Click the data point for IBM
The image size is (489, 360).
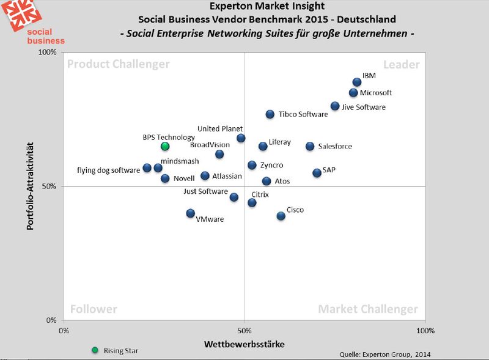pos(357,82)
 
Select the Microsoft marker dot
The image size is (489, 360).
pos(353,93)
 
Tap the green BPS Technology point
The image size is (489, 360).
pos(164,146)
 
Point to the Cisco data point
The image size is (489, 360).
pos(281,216)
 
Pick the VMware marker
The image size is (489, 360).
pos(191,213)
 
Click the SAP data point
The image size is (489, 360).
pos(317,173)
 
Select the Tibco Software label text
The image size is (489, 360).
pos(303,114)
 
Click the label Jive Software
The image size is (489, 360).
pos(363,107)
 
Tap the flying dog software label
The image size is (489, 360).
pos(108,171)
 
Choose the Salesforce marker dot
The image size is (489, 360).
pos(310,146)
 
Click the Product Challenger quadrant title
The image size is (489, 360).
pos(118,64)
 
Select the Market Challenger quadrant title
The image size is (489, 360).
pos(368,309)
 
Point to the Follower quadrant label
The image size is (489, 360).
pos(94,309)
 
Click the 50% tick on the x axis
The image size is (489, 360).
pos(244,331)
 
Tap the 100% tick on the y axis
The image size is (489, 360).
pos(48,53)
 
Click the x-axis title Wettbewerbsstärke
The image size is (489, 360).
pos(244,344)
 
